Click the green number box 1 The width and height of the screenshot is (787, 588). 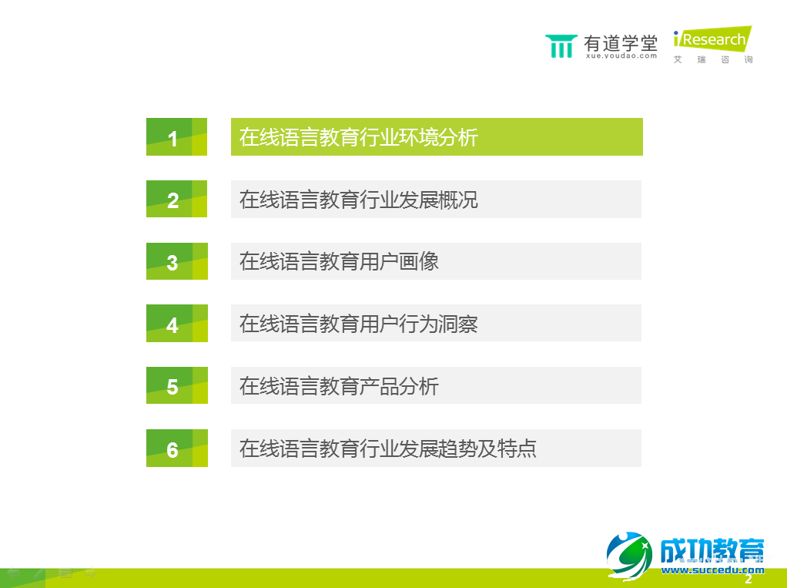tap(176, 137)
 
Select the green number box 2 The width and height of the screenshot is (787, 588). tap(176, 200)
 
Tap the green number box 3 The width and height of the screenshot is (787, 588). tap(176, 262)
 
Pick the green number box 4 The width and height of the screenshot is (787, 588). tap(176, 324)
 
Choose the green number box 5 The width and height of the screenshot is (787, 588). tap(176, 386)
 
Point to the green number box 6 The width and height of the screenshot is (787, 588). tap(176, 449)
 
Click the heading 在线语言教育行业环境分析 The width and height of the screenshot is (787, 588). tap(359, 137)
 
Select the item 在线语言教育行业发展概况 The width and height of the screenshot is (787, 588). tap(359, 200)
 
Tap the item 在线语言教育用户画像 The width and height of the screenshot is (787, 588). tap(339, 261)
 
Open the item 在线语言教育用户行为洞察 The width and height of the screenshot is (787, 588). tap(359, 324)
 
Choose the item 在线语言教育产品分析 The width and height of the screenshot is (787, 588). tap(339, 385)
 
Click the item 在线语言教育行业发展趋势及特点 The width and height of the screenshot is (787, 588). tap(387, 449)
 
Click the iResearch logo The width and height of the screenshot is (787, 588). tap(712, 39)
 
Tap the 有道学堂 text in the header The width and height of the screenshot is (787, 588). tap(621, 42)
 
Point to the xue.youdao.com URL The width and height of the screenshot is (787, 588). tap(621, 56)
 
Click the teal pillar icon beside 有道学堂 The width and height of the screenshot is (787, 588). tap(561, 46)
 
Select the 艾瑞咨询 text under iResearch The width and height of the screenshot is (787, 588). tap(712, 60)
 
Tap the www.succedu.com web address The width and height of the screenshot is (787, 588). tap(712, 570)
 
